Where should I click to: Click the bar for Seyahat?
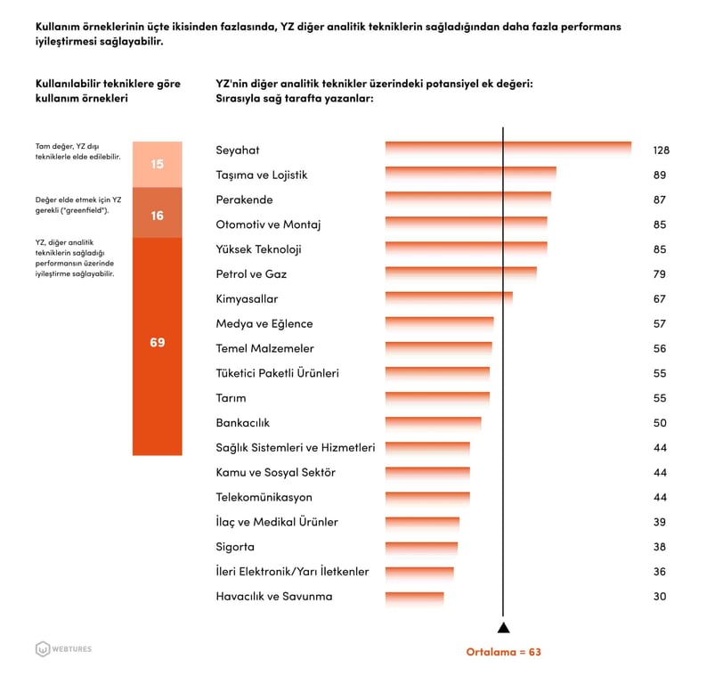click(x=508, y=150)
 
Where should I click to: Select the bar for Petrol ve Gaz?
click(x=460, y=274)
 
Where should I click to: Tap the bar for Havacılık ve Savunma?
click(x=414, y=597)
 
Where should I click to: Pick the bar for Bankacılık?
click(x=433, y=423)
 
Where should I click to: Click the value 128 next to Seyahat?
click(x=660, y=151)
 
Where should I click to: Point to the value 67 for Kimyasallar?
click(x=659, y=299)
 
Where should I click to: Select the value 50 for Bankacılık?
click(x=659, y=423)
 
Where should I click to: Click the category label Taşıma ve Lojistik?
click(x=261, y=175)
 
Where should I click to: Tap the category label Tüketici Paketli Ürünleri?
click(x=277, y=373)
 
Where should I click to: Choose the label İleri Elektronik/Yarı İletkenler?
click(x=292, y=572)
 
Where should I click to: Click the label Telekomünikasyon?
click(x=264, y=497)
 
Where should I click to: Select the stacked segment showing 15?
click(x=158, y=164)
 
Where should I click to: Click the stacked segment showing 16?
click(x=158, y=215)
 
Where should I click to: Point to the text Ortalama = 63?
click(x=503, y=652)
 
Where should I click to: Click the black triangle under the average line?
click(x=503, y=628)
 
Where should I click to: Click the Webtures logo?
click(x=63, y=649)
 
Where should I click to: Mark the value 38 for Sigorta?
click(x=659, y=547)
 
